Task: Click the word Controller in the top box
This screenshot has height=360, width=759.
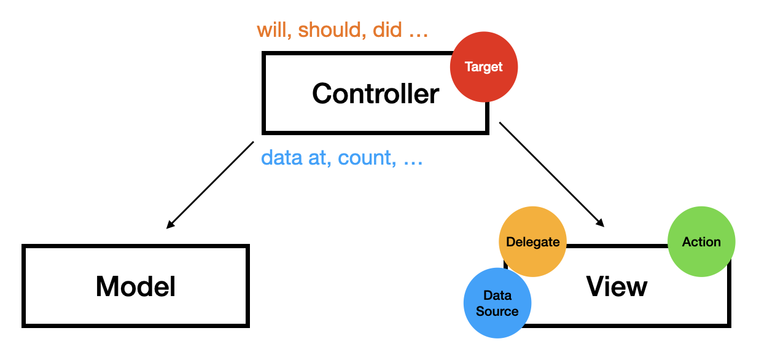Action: click(x=375, y=94)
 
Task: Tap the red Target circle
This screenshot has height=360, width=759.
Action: click(x=484, y=67)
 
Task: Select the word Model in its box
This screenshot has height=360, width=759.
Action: click(x=136, y=286)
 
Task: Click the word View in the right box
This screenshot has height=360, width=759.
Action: click(x=617, y=286)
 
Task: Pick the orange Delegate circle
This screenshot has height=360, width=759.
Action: click(x=532, y=241)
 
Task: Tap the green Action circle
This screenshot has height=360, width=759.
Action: click(x=701, y=241)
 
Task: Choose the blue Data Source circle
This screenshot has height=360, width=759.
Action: click(x=497, y=303)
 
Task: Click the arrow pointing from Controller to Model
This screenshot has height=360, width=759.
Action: click(x=210, y=185)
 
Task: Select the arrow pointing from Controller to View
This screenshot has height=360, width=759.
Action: click(x=551, y=174)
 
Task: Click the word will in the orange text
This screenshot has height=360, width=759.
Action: click(x=272, y=30)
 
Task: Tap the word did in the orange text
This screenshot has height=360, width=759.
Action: click(x=387, y=30)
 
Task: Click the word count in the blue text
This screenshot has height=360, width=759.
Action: click(x=365, y=158)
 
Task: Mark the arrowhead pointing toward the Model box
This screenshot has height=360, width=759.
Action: click(x=171, y=225)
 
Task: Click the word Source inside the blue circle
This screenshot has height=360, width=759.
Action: click(x=497, y=311)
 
